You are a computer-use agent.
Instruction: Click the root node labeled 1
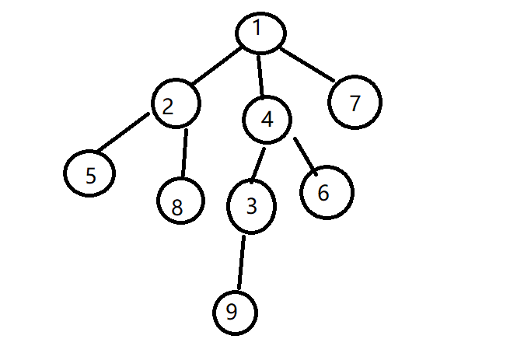(261, 31)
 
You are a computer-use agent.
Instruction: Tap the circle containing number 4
(267, 120)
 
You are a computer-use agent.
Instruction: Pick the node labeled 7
(355, 103)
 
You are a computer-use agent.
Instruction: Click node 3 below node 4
(251, 208)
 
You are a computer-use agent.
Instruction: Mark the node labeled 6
(324, 192)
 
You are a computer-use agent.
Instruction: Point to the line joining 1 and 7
(307, 65)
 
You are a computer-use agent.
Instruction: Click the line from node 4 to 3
(259, 163)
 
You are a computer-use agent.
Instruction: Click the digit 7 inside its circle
(355, 103)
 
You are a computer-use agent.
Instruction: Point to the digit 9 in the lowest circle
(231, 312)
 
